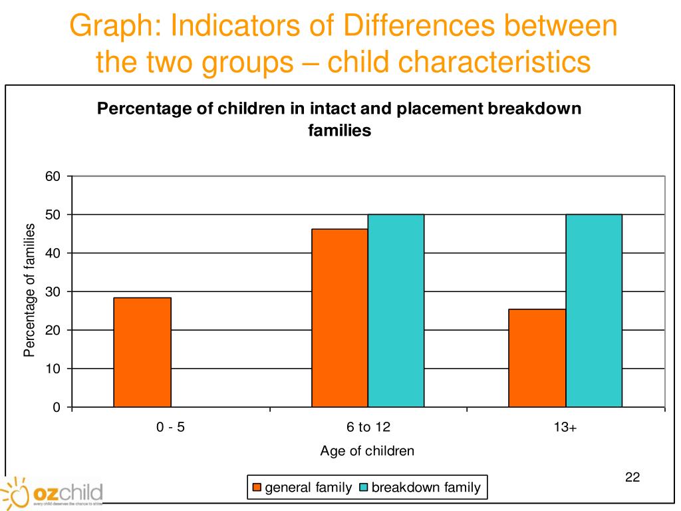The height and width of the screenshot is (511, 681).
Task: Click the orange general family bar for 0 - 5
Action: coord(142,352)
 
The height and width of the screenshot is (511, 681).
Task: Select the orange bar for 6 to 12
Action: coord(340,317)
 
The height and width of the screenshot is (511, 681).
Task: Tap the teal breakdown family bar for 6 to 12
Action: coord(396,310)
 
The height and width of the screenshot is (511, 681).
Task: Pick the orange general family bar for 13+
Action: coord(537,357)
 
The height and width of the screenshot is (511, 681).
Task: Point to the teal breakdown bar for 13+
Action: coord(594,310)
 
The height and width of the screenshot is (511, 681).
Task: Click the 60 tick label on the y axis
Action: coord(53,176)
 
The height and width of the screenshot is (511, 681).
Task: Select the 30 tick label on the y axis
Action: coord(53,291)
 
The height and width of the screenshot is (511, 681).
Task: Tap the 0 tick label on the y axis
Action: coord(57,407)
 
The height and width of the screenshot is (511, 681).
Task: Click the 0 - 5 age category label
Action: coord(171,428)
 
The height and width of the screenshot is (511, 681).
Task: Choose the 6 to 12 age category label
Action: coord(368,428)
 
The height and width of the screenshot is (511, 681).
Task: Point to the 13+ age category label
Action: coord(565,428)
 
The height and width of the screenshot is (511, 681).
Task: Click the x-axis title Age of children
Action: coord(367,451)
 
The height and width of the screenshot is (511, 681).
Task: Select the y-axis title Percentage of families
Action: coord(29,290)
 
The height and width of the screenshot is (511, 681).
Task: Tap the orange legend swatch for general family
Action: coord(257,488)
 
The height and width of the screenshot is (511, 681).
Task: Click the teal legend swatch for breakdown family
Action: coord(362,488)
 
